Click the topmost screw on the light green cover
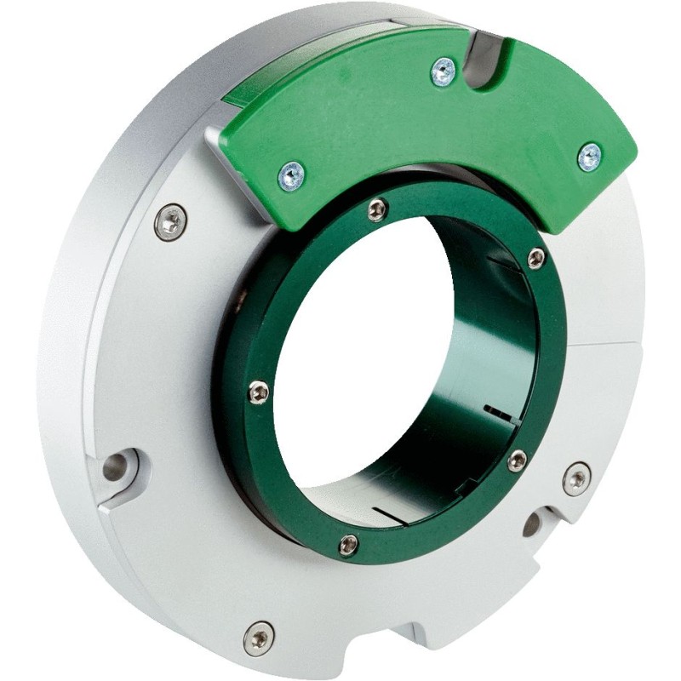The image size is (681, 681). pyautogui.click(x=443, y=72)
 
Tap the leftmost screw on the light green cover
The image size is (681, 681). pyautogui.click(x=292, y=176)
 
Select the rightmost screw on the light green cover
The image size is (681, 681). pyautogui.click(x=589, y=157)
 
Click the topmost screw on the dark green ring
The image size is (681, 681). pyautogui.click(x=377, y=209)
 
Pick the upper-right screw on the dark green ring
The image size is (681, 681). pyautogui.click(x=535, y=257)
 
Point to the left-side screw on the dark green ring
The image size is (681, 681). pyautogui.click(x=259, y=391)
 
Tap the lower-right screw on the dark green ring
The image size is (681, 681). pyautogui.click(x=517, y=461)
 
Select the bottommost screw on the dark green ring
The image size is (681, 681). pyautogui.click(x=349, y=545)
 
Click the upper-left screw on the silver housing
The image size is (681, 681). pyautogui.click(x=171, y=223)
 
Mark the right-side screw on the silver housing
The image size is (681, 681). pyautogui.click(x=576, y=478)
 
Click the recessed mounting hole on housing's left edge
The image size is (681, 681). pyautogui.click(x=116, y=466)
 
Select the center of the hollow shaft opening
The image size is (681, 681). pyautogui.click(x=375, y=366)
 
